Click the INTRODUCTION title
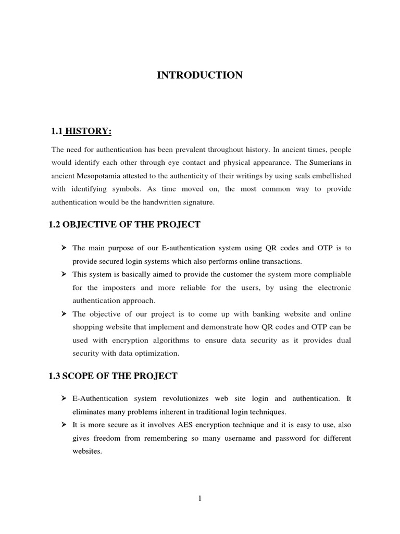coord(200,76)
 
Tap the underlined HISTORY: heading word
coord(87,130)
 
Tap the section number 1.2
coord(55,225)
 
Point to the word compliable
coord(331,274)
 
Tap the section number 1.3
coord(55,376)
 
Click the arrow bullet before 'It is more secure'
coord(65,425)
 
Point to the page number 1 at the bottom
coord(200,499)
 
